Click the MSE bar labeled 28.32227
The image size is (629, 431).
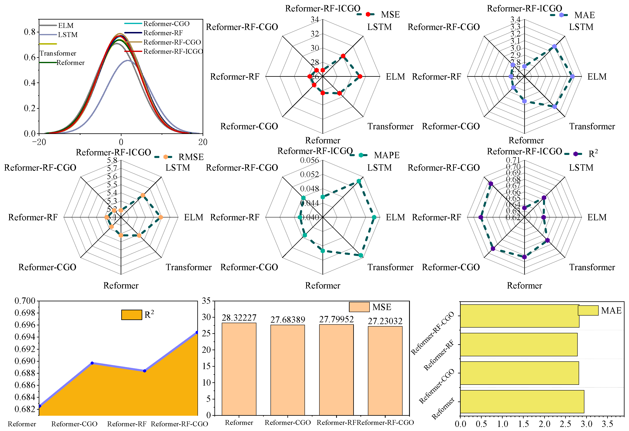click(x=239, y=369)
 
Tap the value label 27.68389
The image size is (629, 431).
click(x=288, y=320)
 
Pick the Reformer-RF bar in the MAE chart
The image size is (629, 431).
click(x=519, y=344)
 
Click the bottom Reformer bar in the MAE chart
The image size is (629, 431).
click(x=522, y=401)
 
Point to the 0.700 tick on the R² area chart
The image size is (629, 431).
click(x=25, y=301)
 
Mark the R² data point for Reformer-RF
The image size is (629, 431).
click(x=145, y=371)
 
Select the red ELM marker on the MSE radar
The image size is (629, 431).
click(x=360, y=77)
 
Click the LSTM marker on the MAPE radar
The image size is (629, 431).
click(x=359, y=181)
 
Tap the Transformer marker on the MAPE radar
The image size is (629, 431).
click(x=361, y=255)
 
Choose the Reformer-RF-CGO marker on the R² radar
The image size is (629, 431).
click(x=491, y=184)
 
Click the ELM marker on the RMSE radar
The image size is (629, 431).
click(x=160, y=217)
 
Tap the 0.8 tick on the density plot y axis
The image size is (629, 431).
click(x=30, y=32)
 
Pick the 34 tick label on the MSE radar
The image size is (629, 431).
click(x=314, y=20)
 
